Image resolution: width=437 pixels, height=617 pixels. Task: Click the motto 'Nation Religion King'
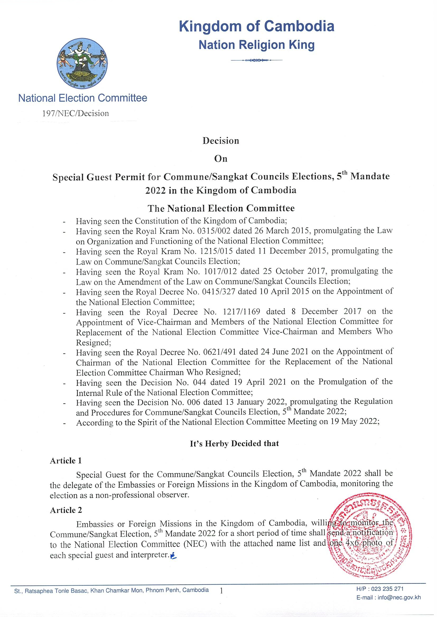(257, 45)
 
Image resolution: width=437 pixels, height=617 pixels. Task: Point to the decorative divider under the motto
(257, 60)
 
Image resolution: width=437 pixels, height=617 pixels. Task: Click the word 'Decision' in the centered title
(221, 141)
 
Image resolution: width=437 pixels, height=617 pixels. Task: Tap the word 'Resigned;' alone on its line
(92, 343)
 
